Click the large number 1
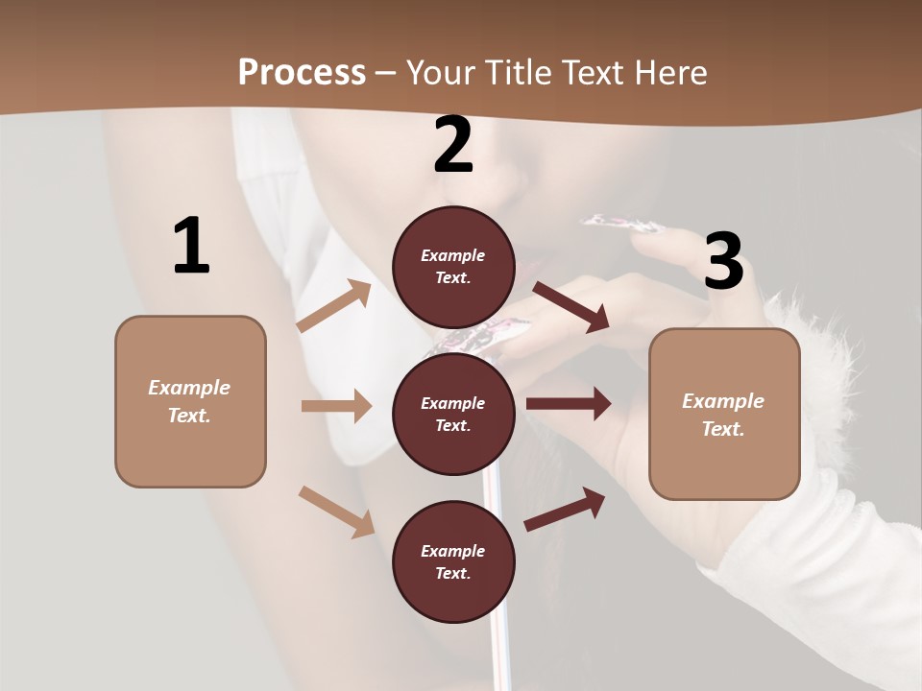[191, 247]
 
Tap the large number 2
[453, 146]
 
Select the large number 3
[723, 262]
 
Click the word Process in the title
[302, 72]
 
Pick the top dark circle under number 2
[453, 267]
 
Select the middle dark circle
[453, 414]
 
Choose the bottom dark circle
[453, 561]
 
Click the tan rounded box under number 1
[190, 401]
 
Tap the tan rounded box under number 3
[724, 414]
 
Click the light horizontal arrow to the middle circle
[336, 406]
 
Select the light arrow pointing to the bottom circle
[337, 512]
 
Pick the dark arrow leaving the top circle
[570, 307]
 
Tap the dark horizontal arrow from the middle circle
[569, 404]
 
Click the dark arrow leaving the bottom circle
[565, 509]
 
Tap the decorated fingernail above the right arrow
[624, 226]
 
